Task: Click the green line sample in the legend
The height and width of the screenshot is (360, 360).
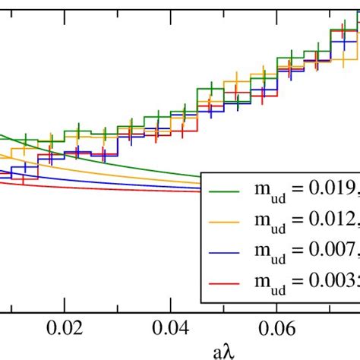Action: tap(228, 189)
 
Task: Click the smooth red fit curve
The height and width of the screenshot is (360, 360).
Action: tap(114, 194)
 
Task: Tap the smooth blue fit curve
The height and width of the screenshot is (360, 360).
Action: tap(114, 186)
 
